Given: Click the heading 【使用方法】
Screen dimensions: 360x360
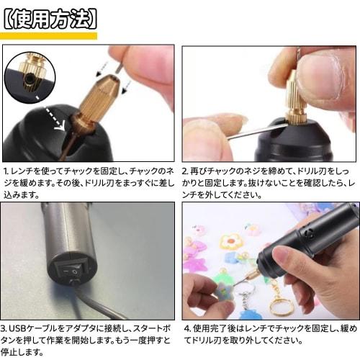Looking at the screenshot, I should pos(49,17).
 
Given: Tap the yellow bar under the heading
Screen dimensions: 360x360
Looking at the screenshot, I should pos(49,36).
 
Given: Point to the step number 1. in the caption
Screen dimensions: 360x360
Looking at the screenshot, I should pos(6,173).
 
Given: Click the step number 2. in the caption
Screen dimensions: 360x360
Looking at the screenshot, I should pos(185,173).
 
